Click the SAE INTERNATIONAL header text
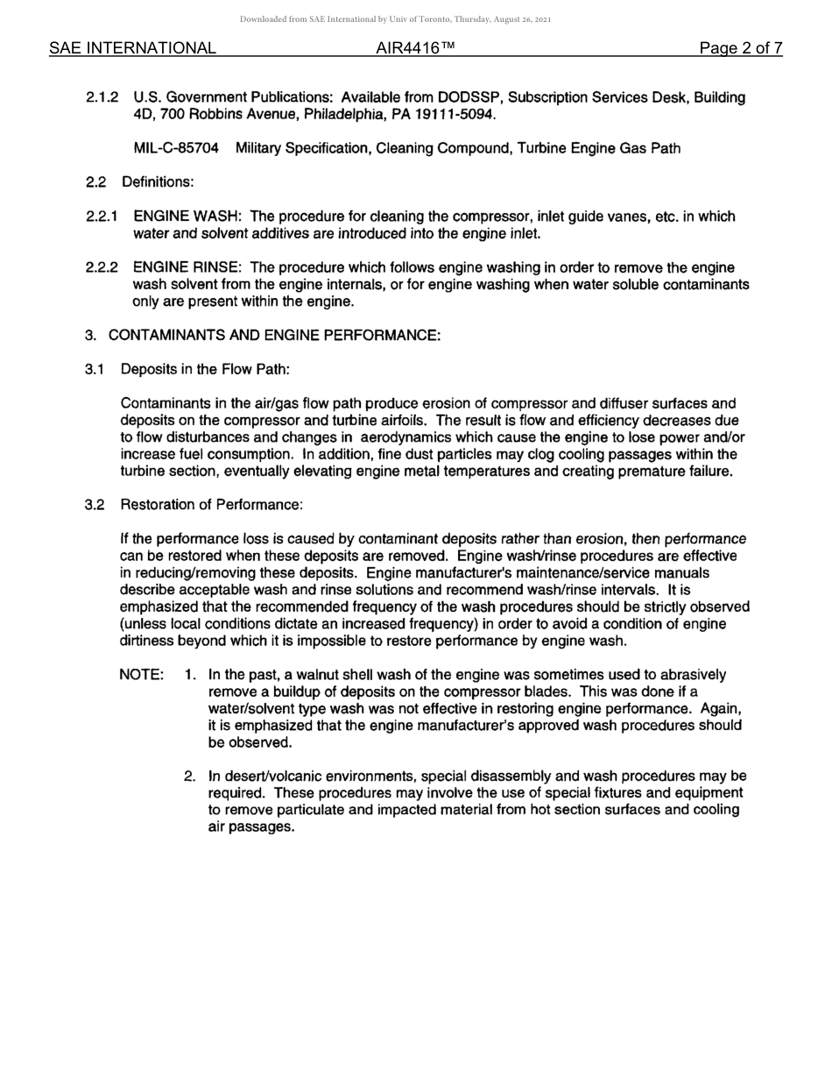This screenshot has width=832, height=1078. (x=132, y=48)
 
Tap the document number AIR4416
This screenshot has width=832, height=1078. (x=415, y=48)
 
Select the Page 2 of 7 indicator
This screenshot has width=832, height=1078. (x=740, y=48)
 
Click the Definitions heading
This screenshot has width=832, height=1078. (x=158, y=182)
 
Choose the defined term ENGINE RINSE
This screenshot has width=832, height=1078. (x=186, y=267)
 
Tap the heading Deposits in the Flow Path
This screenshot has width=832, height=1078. (x=205, y=369)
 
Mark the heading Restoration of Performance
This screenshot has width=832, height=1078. (x=211, y=505)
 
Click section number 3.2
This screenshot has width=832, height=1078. (x=95, y=505)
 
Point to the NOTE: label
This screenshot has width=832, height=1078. (x=141, y=675)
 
